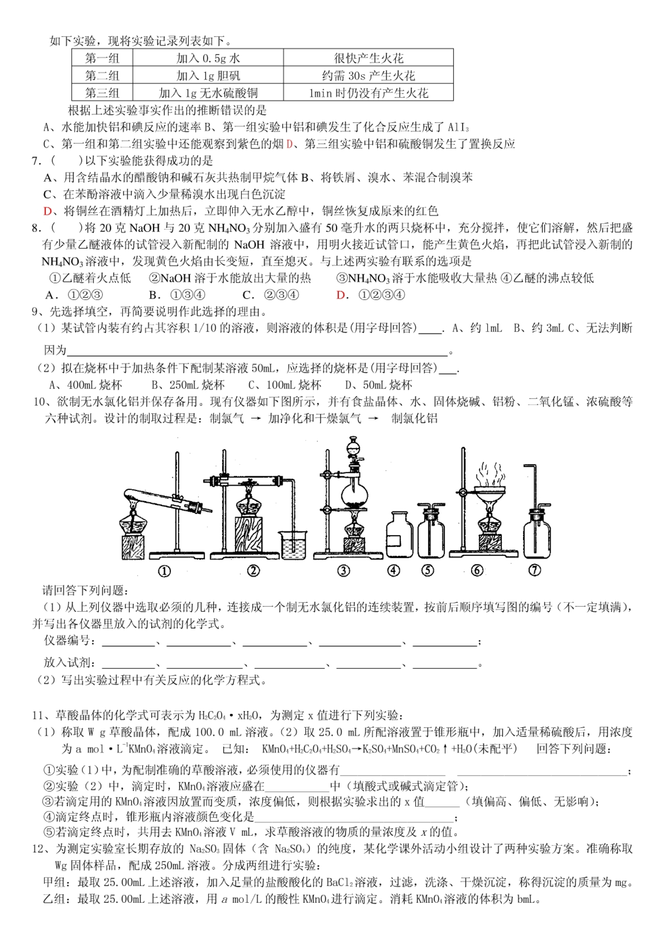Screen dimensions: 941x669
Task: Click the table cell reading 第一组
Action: click(x=102, y=58)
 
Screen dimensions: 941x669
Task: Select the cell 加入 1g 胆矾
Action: click(x=208, y=75)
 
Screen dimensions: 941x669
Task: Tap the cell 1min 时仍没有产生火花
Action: click(x=368, y=93)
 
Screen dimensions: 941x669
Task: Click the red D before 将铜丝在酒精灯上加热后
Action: click(x=47, y=211)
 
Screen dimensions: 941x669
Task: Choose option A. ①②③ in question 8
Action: click(x=74, y=295)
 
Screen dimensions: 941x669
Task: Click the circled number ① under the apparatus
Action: click(x=165, y=571)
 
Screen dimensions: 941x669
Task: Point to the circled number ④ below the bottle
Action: click(x=394, y=570)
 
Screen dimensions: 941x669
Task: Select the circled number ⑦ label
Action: click(x=535, y=570)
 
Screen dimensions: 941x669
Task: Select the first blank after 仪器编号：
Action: click(x=129, y=642)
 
